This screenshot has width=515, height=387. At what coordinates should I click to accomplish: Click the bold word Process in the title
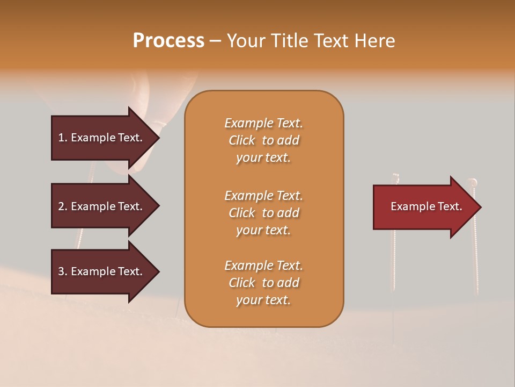(x=168, y=41)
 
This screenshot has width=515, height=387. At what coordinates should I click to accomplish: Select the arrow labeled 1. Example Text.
(x=102, y=138)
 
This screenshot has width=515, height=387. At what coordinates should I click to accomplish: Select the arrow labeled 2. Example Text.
(x=102, y=206)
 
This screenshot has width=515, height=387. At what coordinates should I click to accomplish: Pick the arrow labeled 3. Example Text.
(x=102, y=271)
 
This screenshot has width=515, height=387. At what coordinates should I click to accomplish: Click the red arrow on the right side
(x=424, y=207)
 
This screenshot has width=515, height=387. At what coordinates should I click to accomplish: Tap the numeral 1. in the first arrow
(x=63, y=138)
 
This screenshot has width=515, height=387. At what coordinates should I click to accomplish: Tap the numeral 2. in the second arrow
(x=63, y=206)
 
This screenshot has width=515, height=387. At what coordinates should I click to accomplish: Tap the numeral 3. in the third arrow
(x=63, y=271)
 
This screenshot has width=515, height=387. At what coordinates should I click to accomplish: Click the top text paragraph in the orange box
(x=263, y=140)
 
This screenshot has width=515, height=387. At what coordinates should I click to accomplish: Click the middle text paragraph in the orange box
(x=263, y=213)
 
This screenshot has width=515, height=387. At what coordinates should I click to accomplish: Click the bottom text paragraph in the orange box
(x=263, y=283)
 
